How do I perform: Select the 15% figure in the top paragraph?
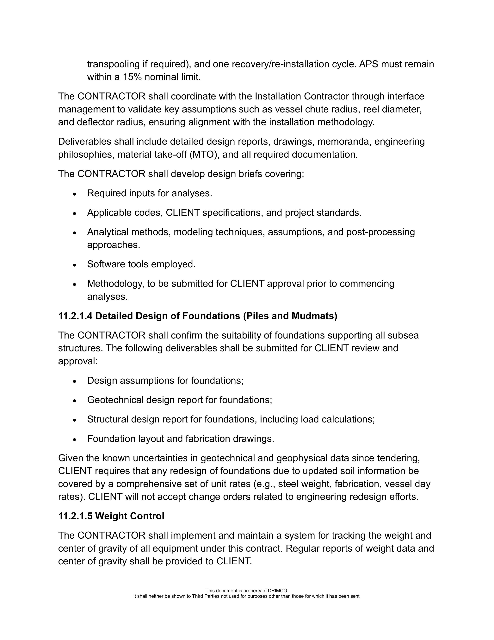click(x=132, y=77)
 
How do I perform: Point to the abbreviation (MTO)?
click(x=205, y=155)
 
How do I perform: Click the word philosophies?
click(x=86, y=155)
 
